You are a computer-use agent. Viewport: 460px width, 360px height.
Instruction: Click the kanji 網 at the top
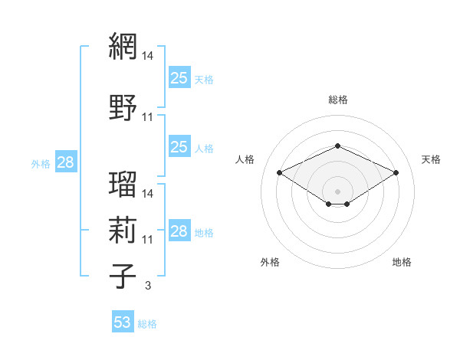coord(123,46)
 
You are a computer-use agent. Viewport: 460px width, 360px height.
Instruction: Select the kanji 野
coord(123,107)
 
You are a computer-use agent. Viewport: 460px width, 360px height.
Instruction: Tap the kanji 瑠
coord(123,184)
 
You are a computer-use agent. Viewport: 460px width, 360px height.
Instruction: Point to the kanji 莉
coord(123,230)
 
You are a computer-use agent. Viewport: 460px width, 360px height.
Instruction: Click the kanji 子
coord(123,276)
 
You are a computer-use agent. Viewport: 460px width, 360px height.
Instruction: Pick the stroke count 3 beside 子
coord(148,285)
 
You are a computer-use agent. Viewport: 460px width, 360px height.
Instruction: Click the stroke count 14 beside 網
coord(147,56)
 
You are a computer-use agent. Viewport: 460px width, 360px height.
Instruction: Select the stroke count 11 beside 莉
coord(147,240)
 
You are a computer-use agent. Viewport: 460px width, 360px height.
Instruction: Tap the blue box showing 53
coord(123,321)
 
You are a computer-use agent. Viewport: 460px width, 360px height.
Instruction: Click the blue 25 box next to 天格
coord(179,77)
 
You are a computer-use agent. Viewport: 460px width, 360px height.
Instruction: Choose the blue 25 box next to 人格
coord(179,146)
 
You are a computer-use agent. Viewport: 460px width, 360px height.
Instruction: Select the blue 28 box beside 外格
coord(66,162)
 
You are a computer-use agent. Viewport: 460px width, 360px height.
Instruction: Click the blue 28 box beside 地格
coord(179,230)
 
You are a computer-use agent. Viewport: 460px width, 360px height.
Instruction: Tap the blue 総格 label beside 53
coord(147,324)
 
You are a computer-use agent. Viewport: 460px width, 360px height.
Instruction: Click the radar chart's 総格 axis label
coord(338,100)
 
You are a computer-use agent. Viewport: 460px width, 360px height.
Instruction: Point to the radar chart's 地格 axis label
coord(402,262)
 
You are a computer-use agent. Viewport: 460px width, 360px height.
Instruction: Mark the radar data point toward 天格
coord(396,172)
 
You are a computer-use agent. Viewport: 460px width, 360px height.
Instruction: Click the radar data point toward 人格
coord(279,172)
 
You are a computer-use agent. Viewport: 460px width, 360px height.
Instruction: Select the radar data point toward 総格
coord(337,146)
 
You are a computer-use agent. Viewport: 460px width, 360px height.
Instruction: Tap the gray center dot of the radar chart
coord(337,191)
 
